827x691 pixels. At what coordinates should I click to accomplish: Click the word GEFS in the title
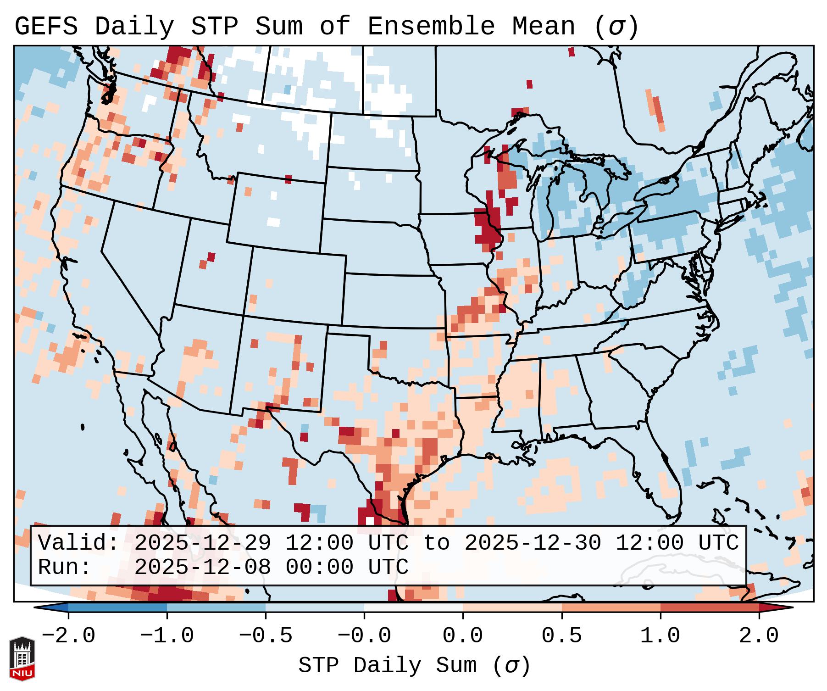click(x=46, y=27)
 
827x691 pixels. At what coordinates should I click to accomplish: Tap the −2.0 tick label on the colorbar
click(x=68, y=636)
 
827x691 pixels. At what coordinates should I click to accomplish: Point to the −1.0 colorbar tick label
click(x=167, y=636)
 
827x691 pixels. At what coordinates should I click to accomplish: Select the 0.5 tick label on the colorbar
click(x=561, y=636)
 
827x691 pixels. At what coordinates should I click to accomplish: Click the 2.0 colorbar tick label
click(x=759, y=636)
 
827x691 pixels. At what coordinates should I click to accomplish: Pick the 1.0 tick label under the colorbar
click(x=660, y=636)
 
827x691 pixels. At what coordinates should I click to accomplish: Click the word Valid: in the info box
click(x=78, y=543)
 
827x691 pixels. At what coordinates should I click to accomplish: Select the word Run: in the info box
click(x=65, y=567)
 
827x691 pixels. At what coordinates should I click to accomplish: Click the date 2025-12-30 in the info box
click(x=533, y=543)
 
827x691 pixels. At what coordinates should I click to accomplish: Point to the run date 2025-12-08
click(x=202, y=567)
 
